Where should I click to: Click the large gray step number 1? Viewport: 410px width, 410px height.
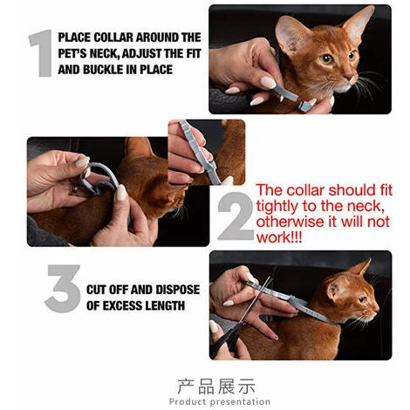coord(42,53)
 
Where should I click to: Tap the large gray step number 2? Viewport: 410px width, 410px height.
coord(236,216)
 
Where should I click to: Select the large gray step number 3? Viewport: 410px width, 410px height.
coord(63,289)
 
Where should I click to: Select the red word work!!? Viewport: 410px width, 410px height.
coord(279,237)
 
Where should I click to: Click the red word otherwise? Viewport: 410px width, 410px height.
coord(290,222)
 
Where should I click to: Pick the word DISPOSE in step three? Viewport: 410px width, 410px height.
coord(178,290)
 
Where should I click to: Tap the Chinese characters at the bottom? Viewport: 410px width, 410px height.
coord(216,386)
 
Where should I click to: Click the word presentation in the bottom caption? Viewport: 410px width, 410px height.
coord(240,402)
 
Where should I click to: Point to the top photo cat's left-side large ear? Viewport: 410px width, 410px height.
coord(290,35)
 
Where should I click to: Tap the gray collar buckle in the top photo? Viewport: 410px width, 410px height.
coord(304,106)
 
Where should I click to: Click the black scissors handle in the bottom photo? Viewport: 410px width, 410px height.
coord(225,340)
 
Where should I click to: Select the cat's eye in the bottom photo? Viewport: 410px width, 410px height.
coord(362,300)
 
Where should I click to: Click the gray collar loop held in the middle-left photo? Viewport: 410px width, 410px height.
coord(99,178)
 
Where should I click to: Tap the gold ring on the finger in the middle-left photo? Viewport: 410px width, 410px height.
coord(74,189)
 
